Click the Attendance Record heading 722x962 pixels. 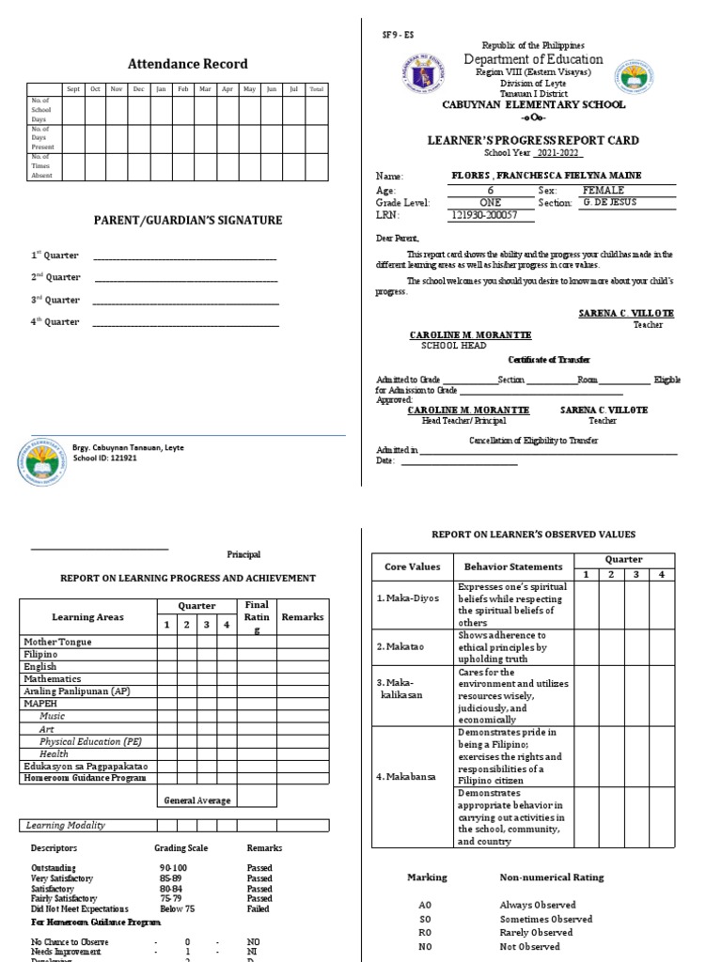click(188, 64)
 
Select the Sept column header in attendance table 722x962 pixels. click(71, 89)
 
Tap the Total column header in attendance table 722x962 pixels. click(317, 89)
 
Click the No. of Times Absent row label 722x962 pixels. click(42, 167)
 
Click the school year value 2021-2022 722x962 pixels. click(558, 153)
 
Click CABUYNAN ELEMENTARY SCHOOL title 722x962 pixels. click(532, 107)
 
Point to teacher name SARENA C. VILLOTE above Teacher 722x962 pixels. click(625, 313)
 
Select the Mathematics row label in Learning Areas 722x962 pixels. click(53, 678)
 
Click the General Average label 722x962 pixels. click(197, 800)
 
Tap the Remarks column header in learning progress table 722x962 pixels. click(303, 617)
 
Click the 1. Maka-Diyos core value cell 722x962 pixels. click(408, 597)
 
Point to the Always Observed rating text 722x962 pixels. click(535, 905)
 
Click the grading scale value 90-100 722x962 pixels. click(174, 868)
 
